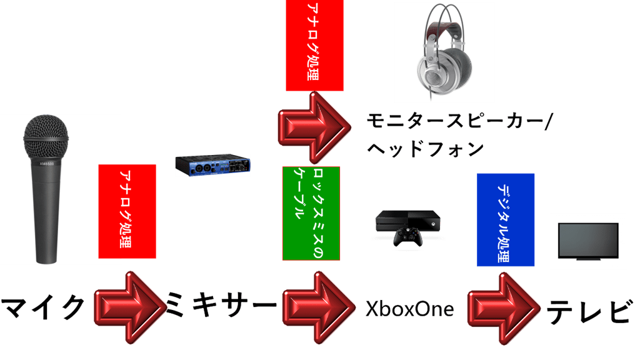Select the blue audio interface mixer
coord(212,166)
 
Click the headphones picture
coord(445,53)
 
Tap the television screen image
coord(588,241)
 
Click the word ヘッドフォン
coord(425,149)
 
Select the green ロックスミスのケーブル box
coord(311,213)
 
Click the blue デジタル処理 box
coord(506,219)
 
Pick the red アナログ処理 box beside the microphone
coord(127,211)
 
